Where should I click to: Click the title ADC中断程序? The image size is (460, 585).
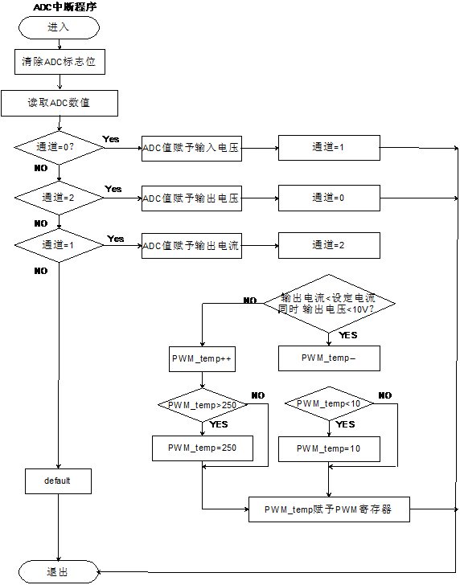pyautogui.click(x=64, y=6)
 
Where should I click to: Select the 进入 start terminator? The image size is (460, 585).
pyautogui.click(x=59, y=27)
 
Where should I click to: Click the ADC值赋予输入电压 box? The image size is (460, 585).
pyautogui.click(x=191, y=148)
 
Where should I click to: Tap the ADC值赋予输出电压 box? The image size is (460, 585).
pyautogui.click(x=191, y=197)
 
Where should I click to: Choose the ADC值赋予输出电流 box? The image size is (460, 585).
pyautogui.click(x=191, y=245)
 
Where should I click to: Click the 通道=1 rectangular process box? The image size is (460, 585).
pyautogui.click(x=328, y=148)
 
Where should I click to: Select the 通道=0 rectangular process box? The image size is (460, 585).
pyautogui.click(x=328, y=197)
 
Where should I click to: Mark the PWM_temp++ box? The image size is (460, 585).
pyautogui.click(x=202, y=359)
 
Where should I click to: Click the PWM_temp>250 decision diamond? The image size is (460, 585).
pyautogui.click(x=202, y=405)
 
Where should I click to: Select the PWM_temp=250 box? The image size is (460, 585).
pyautogui.click(x=202, y=447)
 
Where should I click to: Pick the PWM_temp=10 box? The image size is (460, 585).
pyautogui.click(x=328, y=448)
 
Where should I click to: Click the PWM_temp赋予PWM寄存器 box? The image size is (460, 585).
pyautogui.click(x=328, y=509)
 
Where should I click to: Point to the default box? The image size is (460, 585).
pyautogui.click(x=59, y=481)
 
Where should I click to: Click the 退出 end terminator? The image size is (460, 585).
pyautogui.click(x=59, y=571)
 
